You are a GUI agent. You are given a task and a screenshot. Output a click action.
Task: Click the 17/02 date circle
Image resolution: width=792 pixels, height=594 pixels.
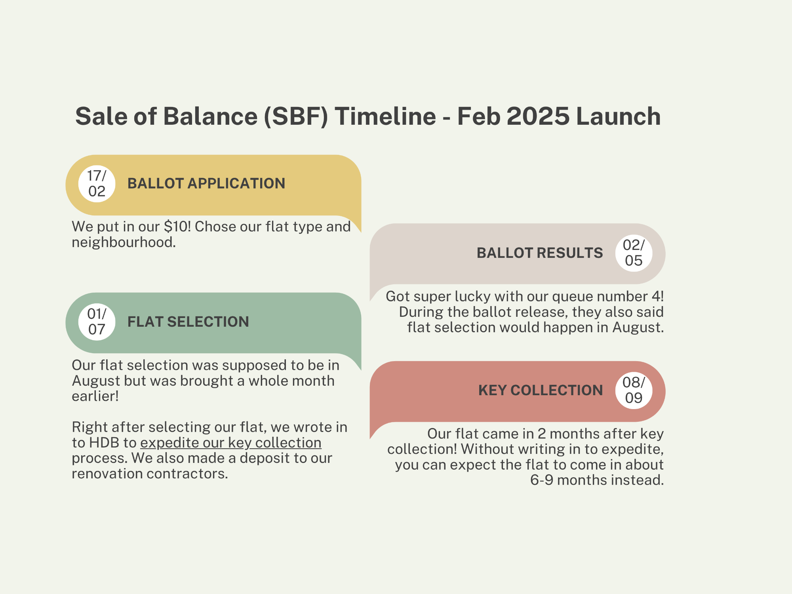pos(97,184)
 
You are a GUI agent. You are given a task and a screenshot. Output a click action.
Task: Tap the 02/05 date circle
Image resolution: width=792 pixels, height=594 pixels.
pos(634,253)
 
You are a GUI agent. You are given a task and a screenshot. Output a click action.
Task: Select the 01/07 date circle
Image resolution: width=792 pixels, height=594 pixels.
pos(97,322)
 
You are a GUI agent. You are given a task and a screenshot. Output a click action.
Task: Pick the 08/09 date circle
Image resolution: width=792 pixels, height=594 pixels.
pos(634,390)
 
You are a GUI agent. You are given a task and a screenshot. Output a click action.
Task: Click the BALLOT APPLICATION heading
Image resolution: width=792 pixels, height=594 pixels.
pos(206,184)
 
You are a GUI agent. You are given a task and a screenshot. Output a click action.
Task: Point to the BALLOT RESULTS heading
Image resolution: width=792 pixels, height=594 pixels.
pos(540,253)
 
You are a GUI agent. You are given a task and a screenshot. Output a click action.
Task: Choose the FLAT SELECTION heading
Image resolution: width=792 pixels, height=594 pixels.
pos(188,322)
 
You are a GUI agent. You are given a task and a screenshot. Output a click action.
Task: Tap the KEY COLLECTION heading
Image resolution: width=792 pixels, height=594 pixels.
pos(541,390)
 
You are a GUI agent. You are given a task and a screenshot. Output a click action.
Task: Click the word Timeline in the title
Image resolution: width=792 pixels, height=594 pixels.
pos(385,116)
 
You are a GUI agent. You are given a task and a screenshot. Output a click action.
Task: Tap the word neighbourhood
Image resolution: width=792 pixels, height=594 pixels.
pos(124,242)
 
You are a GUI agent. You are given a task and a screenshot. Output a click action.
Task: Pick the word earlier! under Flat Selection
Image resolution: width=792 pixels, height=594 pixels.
pos(95,396)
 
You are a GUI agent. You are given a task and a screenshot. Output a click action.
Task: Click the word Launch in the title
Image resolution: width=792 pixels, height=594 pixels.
pos(619,116)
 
